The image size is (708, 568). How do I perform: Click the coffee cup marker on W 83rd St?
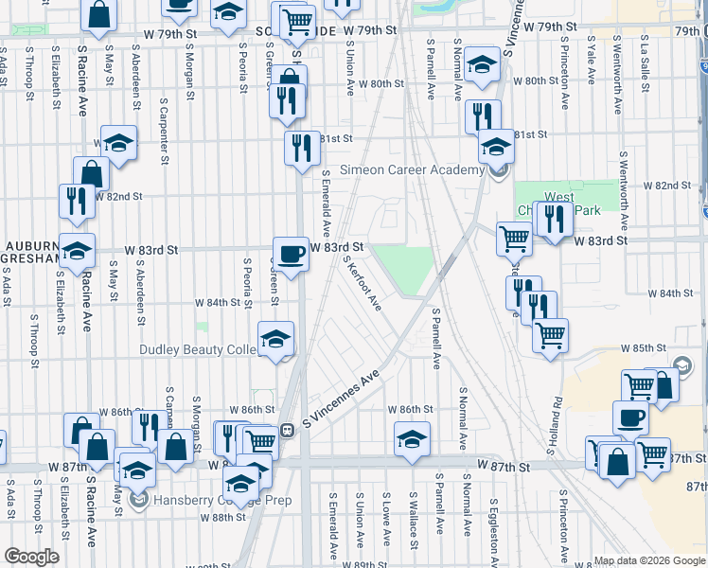tap(292, 254)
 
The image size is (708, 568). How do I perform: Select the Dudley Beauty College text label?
tap(198, 349)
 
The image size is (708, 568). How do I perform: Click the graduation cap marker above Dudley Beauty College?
tap(275, 339)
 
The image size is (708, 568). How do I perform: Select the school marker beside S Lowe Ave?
tap(412, 439)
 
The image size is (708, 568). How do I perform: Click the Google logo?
tap(31, 557)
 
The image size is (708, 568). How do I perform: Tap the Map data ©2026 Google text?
tap(648, 560)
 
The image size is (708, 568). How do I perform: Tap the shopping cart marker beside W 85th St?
tap(550, 335)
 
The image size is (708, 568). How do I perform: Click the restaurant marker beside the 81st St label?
tap(302, 148)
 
